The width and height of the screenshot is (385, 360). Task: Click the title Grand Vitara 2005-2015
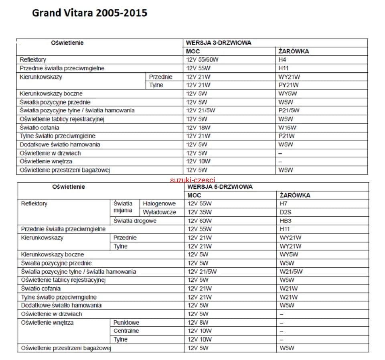click(89, 13)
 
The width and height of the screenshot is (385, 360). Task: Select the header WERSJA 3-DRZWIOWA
click(219, 43)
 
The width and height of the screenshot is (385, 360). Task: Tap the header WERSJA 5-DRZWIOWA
click(219, 187)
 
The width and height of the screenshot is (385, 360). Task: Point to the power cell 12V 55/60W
click(202, 60)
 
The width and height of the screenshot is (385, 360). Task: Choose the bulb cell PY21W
click(289, 85)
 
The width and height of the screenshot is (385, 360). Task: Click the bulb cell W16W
click(287, 128)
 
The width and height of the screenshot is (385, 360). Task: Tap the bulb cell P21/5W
click(289, 110)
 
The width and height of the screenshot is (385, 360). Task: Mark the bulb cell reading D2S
click(285, 212)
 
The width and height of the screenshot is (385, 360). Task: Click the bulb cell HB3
click(285, 221)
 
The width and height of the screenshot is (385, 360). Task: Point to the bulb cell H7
click(284, 204)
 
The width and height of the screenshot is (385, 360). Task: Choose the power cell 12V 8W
click(198, 323)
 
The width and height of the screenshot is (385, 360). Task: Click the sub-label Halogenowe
click(159, 204)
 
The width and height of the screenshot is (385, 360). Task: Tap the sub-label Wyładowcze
click(159, 212)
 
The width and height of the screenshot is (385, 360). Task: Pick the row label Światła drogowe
click(135, 221)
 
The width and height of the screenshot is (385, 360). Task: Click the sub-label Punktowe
click(126, 323)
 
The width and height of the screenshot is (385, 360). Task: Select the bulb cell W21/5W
click(291, 272)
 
